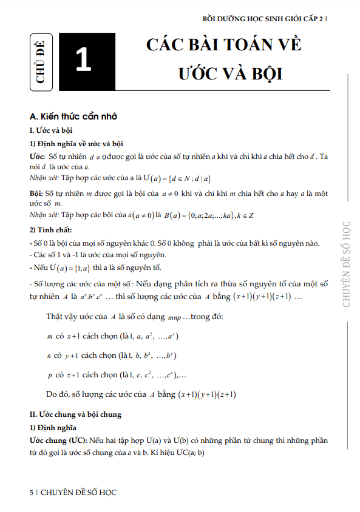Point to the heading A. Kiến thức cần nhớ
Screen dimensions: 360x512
coord(73,116)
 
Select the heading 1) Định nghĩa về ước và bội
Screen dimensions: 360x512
coord(76,144)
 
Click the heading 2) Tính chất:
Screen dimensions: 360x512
coord(51,230)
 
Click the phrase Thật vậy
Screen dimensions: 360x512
coord(64,317)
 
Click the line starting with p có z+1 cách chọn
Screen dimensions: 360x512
coord(117,374)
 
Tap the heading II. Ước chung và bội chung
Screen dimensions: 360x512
coord(76,414)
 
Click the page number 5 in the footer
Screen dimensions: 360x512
coord(32,493)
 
